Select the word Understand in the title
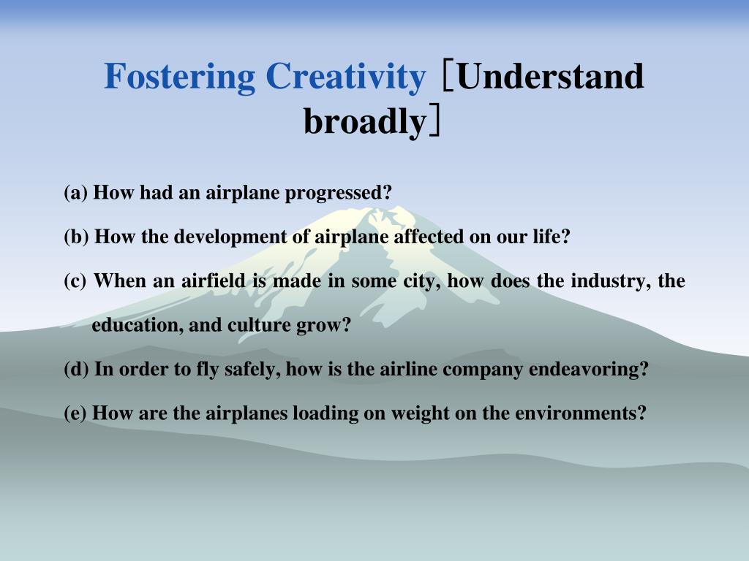coord(550,76)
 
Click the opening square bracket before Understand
coord(447,75)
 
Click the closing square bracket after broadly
coord(434,121)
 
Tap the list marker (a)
coord(76,193)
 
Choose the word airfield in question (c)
coord(213,280)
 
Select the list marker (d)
coord(76,369)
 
